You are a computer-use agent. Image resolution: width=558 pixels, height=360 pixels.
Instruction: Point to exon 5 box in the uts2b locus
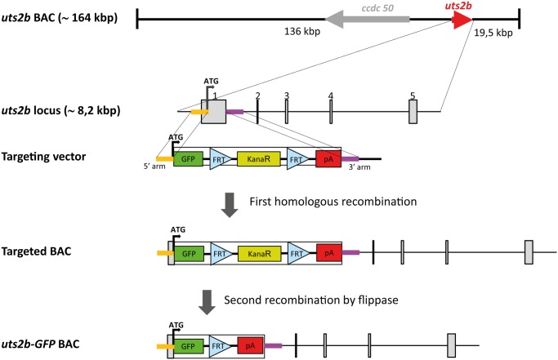click(x=413, y=112)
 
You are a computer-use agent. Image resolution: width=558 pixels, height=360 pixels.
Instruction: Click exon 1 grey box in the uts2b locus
click(x=213, y=112)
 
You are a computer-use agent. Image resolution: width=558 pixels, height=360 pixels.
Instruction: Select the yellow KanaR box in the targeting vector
click(x=258, y=159)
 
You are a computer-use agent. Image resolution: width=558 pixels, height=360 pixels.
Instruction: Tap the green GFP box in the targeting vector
click(x=189, y=159)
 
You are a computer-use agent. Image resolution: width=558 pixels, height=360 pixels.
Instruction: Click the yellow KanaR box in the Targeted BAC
click(x=258, y=254)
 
